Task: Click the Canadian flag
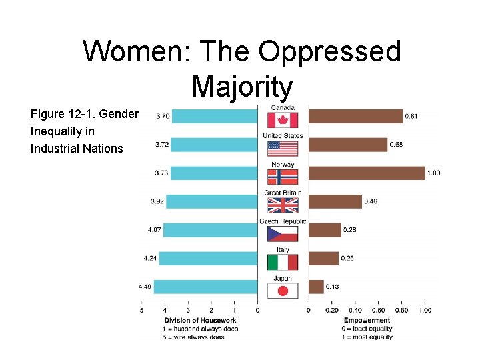(283, 120)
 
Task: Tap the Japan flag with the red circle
(283, 291)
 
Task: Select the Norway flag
(283, 176)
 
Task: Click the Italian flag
(283, 262)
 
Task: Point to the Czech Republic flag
(283, 233)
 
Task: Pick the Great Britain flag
(283, 205)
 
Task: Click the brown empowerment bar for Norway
(366, 173)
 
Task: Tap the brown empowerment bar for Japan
(316, 287)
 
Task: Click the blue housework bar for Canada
(215, 116)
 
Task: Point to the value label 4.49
(145, 287)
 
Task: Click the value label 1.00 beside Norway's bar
(433, 173)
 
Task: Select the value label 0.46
(371, 201)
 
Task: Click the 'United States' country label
(283, 135)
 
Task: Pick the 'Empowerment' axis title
(367, 321)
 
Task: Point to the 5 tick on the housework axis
(141, 310)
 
